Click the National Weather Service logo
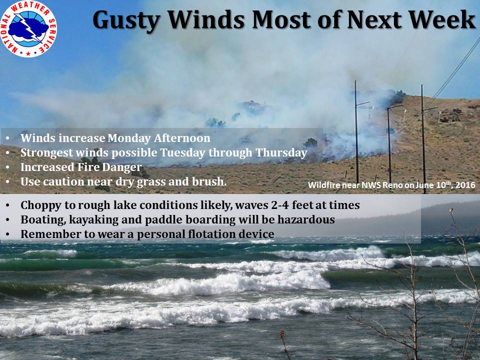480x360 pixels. tap(28, 29)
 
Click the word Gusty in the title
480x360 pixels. tap(126, 20)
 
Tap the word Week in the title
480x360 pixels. tap(442, 19)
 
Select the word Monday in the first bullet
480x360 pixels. tap(128, 138)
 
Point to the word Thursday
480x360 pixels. tap(281, 153)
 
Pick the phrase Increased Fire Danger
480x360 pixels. tap(81, 167)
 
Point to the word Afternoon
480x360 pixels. tap(182, 138)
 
